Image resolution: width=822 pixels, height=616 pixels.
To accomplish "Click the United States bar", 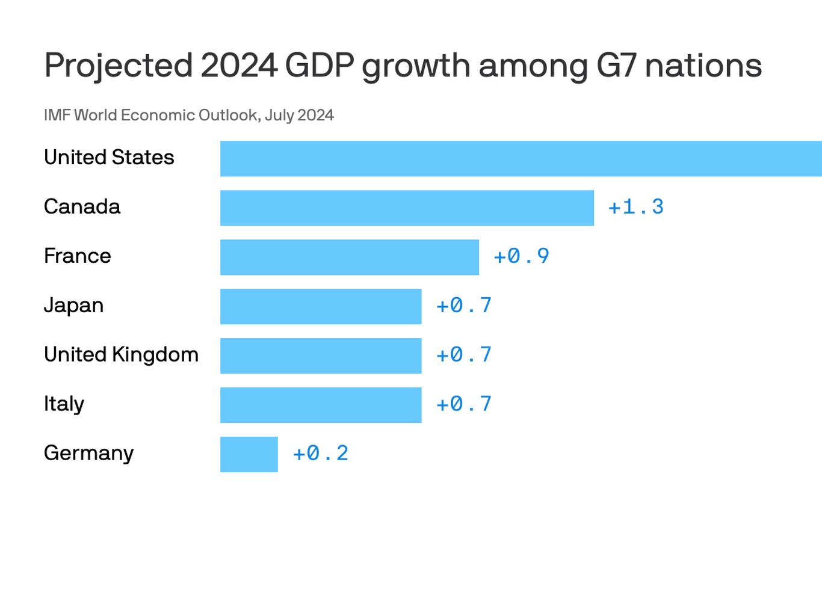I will point(521,159).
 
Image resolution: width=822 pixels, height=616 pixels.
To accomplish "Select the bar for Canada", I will point(407,208).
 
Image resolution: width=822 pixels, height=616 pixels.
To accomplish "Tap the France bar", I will point(350,257).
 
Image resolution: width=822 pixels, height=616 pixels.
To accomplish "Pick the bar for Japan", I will point(321,307).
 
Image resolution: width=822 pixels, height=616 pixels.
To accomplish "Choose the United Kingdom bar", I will point(321,356).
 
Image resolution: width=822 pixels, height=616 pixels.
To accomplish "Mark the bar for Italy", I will point(321,405).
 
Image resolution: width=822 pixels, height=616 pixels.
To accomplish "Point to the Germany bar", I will point(249,455).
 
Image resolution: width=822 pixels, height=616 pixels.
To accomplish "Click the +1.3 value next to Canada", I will point(636,208).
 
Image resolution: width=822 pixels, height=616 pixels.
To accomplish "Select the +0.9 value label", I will point(521,257).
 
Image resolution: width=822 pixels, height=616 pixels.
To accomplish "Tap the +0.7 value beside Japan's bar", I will point(464,306).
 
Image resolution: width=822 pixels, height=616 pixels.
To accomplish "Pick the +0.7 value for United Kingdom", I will point(464,356).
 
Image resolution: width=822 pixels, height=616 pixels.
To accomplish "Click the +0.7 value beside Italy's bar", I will point(464,405).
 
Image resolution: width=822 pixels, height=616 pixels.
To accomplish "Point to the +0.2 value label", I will point(321,454).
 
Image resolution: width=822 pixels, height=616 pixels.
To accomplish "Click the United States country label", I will point(109,158).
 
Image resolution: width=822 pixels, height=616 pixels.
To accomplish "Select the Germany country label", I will point(88,454).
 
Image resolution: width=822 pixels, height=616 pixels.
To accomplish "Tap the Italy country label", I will point(64,404).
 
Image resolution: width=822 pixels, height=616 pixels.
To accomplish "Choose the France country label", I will point(78,256).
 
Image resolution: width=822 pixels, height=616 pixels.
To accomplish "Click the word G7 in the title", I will point(616,66).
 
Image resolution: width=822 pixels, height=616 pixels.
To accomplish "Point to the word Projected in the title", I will point(119,67).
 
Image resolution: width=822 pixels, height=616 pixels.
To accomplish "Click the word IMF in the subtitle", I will point(57,115).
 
